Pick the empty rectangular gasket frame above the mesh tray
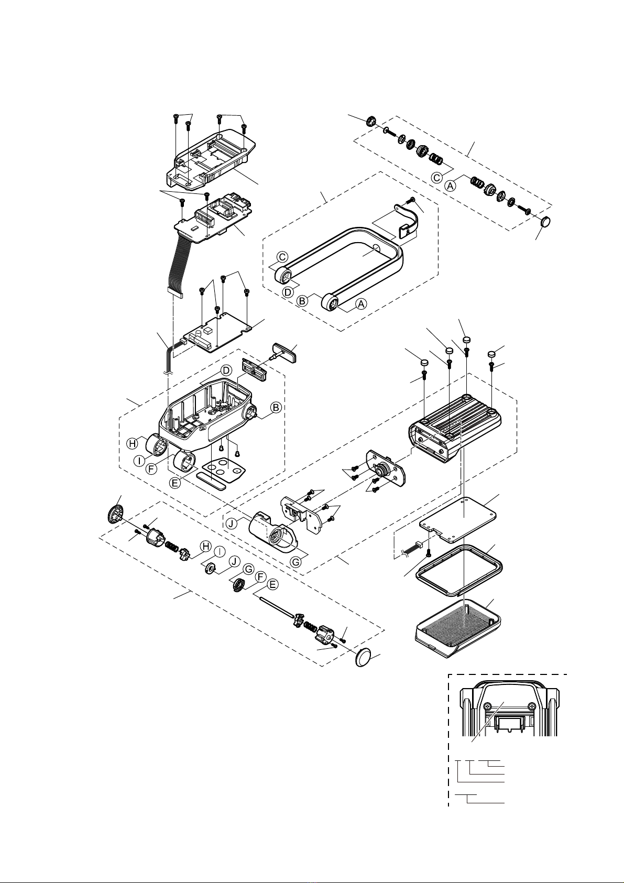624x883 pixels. point(460,572)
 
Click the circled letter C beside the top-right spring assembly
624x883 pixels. point(437,178)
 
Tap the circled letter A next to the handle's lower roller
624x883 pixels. point(361,304)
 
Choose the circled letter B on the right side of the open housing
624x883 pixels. point(276,407)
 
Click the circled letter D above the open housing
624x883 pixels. point(226,370)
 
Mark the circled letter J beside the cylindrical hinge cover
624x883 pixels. point(232,524)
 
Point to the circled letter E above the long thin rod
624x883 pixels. point(272,585)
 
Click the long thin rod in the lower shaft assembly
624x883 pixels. point(277,607)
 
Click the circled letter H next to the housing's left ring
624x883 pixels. point(133,443)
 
